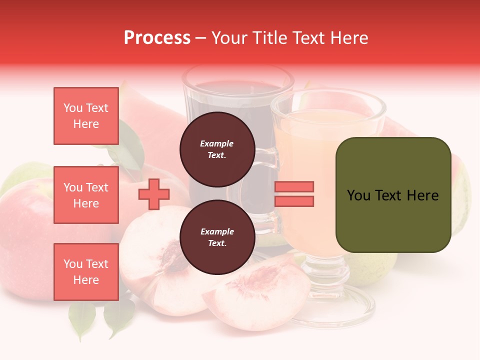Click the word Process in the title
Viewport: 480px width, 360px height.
[x=157, y=38]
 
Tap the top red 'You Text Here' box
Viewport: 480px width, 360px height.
[x=86, y=116]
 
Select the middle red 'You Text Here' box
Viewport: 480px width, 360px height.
[x=86, y=195]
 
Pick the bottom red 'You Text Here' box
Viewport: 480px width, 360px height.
[x=86, y=272]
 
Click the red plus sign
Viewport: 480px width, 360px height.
[x=154, y=194]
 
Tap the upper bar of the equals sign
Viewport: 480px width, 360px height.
[x=294, y=186]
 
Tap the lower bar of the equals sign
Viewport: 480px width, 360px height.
[x=294, y=201]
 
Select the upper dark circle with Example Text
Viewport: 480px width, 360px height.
[x=217, y=149]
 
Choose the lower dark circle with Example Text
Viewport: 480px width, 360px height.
[x=217, y=237]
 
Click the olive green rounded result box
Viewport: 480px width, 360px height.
[x=393, y=194]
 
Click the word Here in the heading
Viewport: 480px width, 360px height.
[x=349, y=38]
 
